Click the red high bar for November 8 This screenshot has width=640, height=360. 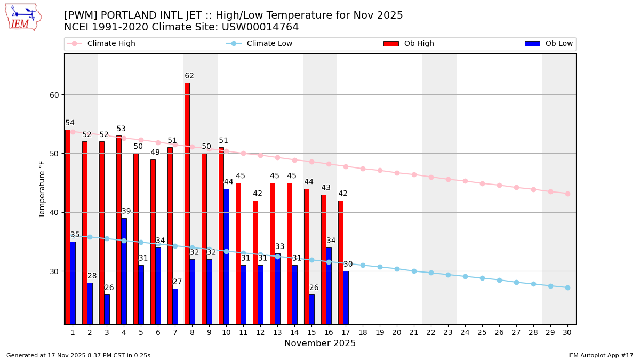[187, 203]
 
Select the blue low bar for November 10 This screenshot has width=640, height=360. [226, 256]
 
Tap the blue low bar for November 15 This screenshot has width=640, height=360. [311, 309]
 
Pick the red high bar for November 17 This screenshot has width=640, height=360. [341, 261]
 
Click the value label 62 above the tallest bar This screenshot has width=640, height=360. [189, 76]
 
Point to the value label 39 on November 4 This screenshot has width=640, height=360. [126, 212]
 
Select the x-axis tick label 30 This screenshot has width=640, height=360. [567, 332]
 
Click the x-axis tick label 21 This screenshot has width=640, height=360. [414, 332]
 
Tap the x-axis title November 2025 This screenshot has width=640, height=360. [320, 343]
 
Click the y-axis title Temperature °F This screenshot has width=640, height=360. [42, 189]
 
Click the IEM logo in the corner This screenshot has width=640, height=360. [23, 17]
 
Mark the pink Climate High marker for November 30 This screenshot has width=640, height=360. [567, 194]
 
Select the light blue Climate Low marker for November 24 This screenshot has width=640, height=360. [465, 276]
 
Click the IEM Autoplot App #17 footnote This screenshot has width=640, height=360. [601, 355]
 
